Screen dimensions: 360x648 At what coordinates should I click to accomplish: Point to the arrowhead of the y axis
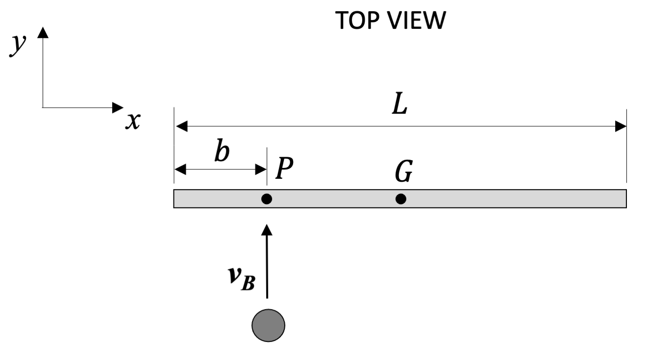point(43,32)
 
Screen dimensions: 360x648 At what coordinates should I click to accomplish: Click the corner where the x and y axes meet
point(43,107)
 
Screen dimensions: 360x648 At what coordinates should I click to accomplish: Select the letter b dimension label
point(222,152)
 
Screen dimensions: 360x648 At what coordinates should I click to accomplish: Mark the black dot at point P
point(267,199)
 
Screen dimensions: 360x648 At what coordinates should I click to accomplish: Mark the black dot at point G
point(401,199)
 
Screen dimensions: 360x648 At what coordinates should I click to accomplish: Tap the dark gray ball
point(268,325)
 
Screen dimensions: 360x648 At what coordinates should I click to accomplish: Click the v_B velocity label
point(242,279)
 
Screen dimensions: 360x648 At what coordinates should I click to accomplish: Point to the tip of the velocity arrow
point(267,227)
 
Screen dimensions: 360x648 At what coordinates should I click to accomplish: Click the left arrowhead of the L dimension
point(180,127)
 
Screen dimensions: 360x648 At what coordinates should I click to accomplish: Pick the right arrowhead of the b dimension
point(261,170)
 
